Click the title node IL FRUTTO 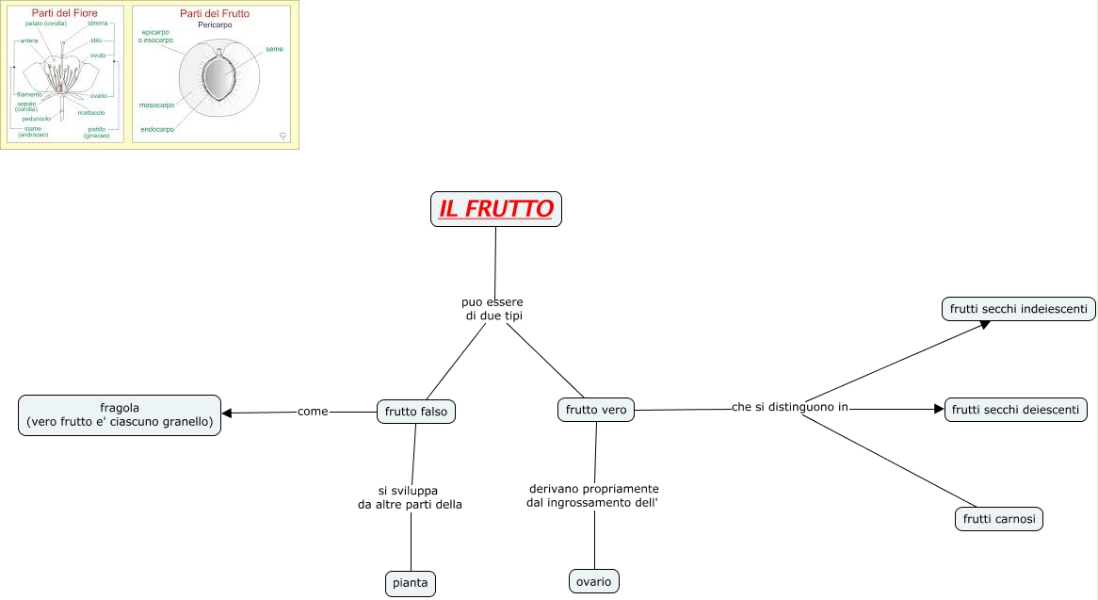496,208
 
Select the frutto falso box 416,411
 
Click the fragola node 120,415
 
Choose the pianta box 411,583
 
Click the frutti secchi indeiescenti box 1018,309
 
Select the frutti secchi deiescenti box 1016,410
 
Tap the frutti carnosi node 999,518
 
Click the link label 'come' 312,412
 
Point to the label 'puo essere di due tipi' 492,309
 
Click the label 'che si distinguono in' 790,407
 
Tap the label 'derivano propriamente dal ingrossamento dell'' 592,495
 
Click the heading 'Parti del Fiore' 65,14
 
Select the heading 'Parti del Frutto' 215,14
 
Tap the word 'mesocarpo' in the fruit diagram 156,105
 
